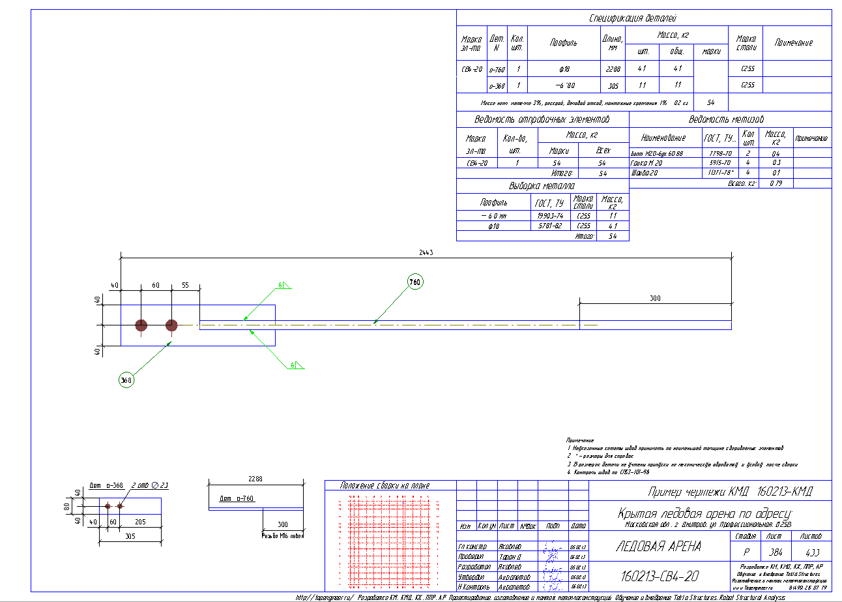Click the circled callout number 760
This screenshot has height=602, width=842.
[x=415, y=282]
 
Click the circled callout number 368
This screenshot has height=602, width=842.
[x=126, y=380]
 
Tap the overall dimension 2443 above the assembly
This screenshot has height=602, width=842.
[x=427, y=252]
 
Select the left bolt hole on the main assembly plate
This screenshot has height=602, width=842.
[x=141, y=325]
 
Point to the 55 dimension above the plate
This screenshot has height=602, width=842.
[x=185, y=286]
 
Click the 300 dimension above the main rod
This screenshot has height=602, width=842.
[x=655, y=298]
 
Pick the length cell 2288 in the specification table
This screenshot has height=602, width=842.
[x=613, y=68]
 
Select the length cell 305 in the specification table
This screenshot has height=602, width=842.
[x=613, y=85]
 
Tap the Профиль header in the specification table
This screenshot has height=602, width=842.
[x=563, y=43]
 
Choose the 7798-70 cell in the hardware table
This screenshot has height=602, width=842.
[x=716, y=153]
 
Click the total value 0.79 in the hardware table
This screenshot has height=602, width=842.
[x=776, y=183]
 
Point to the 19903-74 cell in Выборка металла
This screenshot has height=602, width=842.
[x=549, y=216]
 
